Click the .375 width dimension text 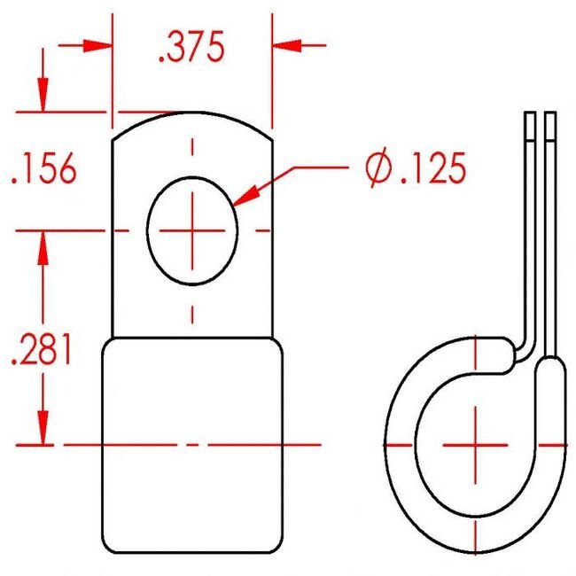(x=191, y=47)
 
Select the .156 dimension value (x=44, y=168)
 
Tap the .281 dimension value (x=41, y=349)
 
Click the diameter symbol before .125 (x=378, y=167)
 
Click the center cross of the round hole (x=192, y=230)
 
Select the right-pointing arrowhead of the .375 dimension (x=97, y=45)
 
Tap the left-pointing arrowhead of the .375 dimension (x=286, y=45)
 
